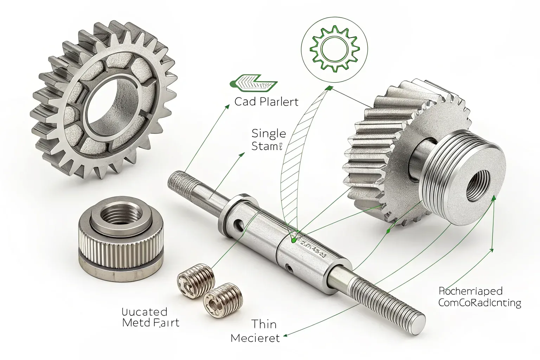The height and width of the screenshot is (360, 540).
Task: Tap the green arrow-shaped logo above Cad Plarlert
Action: coord(253,83)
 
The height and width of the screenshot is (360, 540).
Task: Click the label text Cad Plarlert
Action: coord(266,102)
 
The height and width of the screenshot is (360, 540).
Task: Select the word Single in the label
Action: coord(269,134)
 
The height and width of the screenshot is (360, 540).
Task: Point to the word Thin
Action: coord(264,324)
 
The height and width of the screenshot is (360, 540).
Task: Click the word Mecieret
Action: coord(255,338)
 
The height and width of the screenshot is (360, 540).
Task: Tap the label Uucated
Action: coord(144,311)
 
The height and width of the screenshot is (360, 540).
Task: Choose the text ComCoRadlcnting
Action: coord(480,303)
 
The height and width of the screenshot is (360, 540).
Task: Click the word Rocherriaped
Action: coord(470,291)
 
